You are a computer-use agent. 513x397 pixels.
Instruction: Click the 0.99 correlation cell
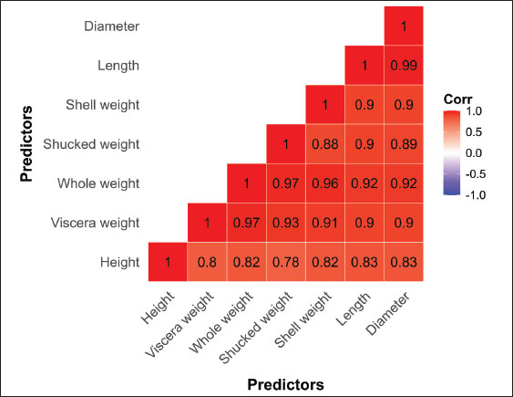click(x=404, y=65)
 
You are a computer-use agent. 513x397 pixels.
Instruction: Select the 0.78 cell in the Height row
click(x=286, y=262)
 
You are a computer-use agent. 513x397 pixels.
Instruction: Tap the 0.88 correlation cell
click(x=325, y=144)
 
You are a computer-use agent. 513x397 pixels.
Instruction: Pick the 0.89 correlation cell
click(x=404, y=144)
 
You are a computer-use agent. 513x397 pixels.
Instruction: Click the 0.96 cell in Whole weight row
click(x=325, y=183)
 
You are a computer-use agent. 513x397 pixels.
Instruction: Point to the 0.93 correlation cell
click(x=286, y=223)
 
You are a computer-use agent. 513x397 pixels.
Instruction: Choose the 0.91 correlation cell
click(x=325, y=223)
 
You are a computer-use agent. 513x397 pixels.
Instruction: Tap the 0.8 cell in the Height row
click(x=207, y=262)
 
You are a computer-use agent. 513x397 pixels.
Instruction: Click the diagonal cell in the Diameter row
click(x=404, y=26)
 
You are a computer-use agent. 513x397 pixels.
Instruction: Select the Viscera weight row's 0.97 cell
click(x=246, y=223)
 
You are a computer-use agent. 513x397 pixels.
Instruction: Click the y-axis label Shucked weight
click(x=91, y=144)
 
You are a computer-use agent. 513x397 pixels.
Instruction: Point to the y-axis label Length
click(x=118, y=66)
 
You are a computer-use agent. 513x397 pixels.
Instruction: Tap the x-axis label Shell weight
click(x=303, y=319)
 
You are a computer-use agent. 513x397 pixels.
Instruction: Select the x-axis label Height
click(x=158, y=308)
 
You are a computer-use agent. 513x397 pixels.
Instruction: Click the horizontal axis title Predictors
click(x=285, y=384)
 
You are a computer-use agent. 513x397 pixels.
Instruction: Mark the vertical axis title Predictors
click(x=26, y=143)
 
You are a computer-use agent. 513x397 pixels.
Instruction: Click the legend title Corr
click(x=457, y=99)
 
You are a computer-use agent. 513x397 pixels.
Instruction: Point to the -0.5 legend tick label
click(x=476, y=174)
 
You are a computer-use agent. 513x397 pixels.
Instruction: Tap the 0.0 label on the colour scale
click(x=474, y=153)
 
